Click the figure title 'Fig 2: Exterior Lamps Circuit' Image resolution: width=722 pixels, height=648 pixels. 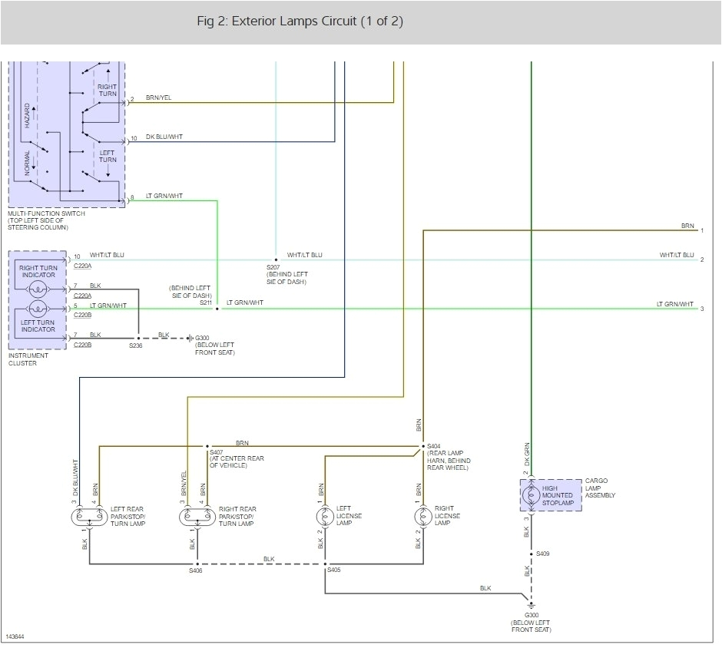pos(300,21)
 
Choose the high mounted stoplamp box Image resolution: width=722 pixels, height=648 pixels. pos(551,496)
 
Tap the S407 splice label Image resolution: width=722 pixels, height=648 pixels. pos(217,453)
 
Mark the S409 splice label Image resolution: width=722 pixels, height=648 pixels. pos(543,554)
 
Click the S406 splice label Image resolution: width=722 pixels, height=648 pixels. pos(195,570)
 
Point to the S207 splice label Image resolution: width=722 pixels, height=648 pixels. pos(274,266)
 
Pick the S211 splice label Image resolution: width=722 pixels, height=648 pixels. pos(205,303)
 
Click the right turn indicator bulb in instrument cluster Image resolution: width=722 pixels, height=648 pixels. pos(38,289)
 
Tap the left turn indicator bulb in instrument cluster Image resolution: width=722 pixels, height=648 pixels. pos(38,315)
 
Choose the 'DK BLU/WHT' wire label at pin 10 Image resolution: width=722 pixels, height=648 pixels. pos(164,137)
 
